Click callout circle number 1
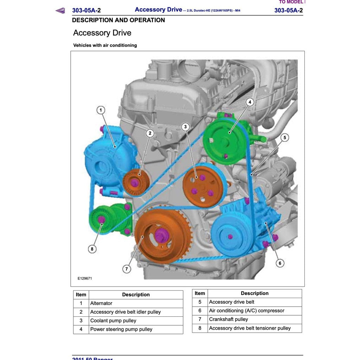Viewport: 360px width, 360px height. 101,110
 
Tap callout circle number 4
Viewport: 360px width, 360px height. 250,102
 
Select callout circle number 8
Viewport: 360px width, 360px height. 92,249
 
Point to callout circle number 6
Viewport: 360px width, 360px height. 280,263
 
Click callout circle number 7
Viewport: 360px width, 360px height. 126,269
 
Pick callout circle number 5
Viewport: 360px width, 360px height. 285,137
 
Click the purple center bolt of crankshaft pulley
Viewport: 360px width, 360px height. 160,235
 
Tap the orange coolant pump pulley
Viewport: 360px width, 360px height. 202,187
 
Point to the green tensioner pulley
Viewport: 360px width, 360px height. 102,220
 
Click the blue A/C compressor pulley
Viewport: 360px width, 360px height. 230,237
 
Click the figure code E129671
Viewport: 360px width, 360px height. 85,278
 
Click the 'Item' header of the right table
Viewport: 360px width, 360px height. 200,293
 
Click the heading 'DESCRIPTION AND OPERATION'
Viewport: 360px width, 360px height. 118,20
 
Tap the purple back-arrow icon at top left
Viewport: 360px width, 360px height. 60,11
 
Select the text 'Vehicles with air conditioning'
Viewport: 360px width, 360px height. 105,45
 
